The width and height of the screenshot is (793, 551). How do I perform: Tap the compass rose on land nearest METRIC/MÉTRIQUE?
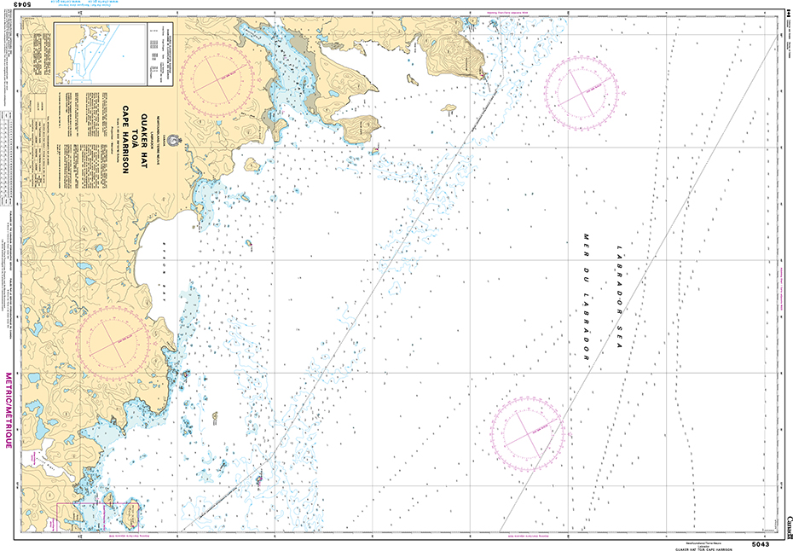point(113,335)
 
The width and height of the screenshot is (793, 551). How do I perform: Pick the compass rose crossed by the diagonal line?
point(525,432)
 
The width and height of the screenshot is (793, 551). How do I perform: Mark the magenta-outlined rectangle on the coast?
point(81,517)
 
